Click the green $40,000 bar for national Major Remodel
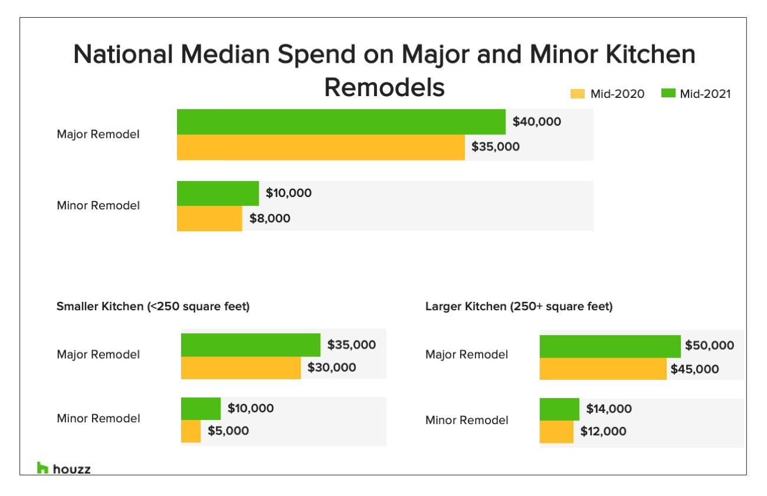point(341,121)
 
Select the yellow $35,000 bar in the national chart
point(320,147)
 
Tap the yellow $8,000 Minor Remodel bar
point(209,218)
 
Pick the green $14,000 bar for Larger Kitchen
point(559,409)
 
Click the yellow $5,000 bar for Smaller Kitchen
point(191,431)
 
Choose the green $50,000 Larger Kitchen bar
point(609,346)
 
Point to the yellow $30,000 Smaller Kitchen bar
point(241,367)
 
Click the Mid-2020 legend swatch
point(578,94)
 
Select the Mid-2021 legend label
point(705,94)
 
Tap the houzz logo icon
point(42,468)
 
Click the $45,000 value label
point(694,370)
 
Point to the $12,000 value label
point(603,432)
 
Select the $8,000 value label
point(269,218)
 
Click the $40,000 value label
point(536,122)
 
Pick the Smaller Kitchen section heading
point(153,307)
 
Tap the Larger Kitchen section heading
point(519,307)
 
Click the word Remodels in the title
point(384,88)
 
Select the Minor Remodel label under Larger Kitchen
point(467,421)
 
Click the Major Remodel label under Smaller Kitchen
point(99,354)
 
